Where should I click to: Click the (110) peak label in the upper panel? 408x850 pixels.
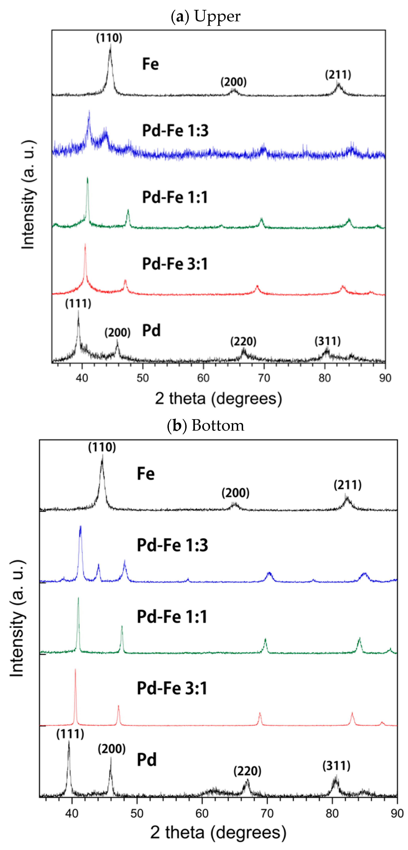(109, 38)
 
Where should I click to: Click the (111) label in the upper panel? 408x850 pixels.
(78, 303)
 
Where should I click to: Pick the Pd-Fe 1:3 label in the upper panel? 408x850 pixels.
(175, 131)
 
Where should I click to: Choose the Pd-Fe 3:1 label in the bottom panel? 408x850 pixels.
(172, 688)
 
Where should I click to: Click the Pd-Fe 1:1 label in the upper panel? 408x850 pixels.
(175, 197)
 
